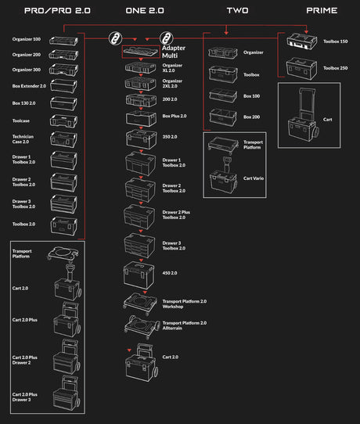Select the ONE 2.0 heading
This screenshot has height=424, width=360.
(x=146, y=11)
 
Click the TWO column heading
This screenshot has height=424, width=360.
(x=237, y=11)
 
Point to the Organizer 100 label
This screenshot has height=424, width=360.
(x=25, y=39)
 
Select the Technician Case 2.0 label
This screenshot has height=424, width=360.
(x=24, y=140)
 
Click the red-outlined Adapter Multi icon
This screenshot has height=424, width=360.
(x=141, y=52)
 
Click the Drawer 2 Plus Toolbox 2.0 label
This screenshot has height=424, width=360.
(x=175, y=214)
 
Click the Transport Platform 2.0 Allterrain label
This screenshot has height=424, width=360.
(x=184, y=325)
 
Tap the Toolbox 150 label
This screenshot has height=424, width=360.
(x=336, y=40)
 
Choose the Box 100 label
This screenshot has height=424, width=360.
(x=251, y=95)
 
